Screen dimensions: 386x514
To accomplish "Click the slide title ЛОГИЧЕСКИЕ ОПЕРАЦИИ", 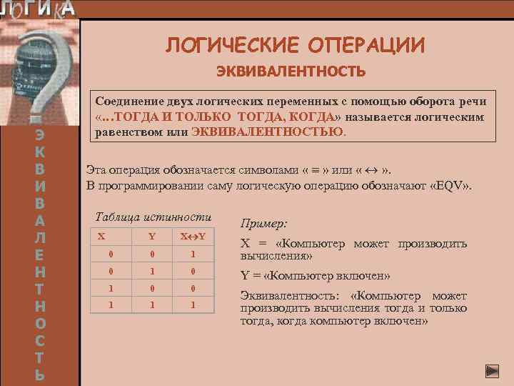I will [296, 45].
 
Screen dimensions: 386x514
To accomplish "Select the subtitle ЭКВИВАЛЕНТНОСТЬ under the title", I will [291, 71].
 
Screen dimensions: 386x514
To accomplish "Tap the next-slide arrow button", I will [492, 370].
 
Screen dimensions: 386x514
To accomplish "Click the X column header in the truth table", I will [101, 236].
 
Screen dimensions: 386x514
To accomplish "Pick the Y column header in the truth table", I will [152, 237].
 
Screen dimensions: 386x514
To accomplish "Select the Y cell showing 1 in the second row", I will [152, 272].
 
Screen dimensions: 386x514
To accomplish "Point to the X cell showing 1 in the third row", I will [111, 289].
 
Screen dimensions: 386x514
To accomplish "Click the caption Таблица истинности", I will [153, 217].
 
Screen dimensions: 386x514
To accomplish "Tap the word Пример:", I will [264, 223].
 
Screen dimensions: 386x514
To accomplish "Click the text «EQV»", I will [453, 187].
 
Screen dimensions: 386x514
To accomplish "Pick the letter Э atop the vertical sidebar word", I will [41, 135].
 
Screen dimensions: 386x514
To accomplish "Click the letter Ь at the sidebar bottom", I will [41, 373].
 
